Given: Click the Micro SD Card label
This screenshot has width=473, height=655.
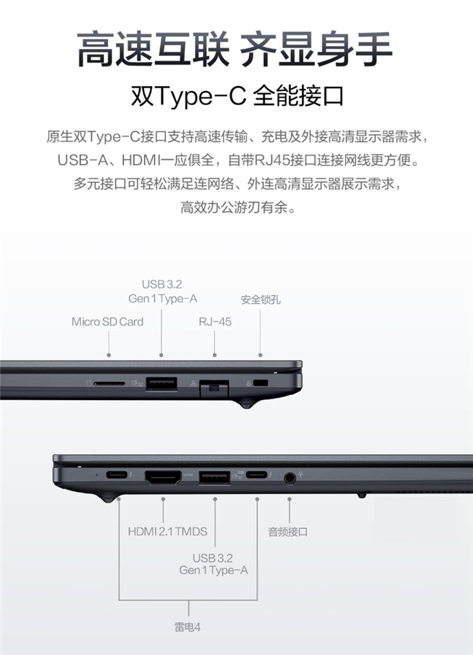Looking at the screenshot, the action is coord(107,321).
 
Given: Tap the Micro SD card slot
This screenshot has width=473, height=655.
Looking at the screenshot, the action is coord(109,383).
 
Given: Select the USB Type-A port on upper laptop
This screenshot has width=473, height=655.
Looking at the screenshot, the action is coord(162,384).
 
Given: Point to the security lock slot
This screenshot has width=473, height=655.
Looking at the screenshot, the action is coord(261,383).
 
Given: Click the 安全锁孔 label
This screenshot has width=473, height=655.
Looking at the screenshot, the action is coord(261,299).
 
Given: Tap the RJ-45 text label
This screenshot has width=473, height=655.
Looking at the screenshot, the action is coord(215,321).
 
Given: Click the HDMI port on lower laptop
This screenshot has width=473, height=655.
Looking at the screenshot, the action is coord(163,477).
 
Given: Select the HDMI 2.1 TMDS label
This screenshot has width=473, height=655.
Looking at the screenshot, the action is coord(167,531).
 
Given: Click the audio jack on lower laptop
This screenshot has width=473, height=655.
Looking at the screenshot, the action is coord(290,477).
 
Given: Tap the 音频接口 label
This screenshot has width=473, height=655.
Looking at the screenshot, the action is coord(288,532).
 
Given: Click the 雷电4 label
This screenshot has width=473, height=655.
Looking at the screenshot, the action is coord(187,627).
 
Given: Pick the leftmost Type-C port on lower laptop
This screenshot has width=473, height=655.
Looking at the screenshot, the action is coord(116,475).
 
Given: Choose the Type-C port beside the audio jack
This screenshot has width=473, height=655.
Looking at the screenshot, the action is coord(257,475).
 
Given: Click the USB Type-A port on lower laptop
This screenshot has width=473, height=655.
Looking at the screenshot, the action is coord(215,477).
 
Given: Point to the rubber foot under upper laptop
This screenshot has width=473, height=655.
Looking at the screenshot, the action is coord(247,404).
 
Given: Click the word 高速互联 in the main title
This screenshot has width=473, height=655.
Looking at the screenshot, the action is coord(153,49).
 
